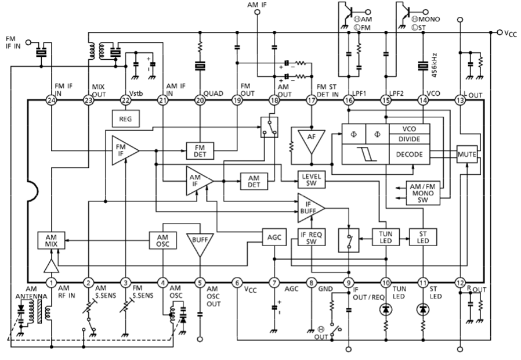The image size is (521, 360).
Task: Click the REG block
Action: [125, 118]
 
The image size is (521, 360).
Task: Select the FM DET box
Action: [200, 150]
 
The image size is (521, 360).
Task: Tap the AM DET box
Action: [254, 181]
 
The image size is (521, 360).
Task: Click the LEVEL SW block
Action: [312, 179]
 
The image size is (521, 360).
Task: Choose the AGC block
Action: [274, 237]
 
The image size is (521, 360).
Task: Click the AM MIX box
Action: [51, 240]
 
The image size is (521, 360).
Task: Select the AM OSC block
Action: [162, 240]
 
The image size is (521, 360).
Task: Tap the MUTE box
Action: [467, 154]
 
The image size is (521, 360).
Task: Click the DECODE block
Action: [410, 154]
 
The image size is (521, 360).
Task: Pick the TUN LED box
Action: [385, 237]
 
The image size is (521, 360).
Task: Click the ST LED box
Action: [422, 237]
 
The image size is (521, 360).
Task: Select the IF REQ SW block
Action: [312, 237]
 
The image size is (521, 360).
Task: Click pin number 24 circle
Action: [51, 100]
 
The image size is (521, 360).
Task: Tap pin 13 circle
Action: [460, 100]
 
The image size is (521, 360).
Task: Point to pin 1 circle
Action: [51, 283]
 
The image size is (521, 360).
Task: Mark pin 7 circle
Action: [274, 283]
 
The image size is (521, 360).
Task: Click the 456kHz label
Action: [434, 65]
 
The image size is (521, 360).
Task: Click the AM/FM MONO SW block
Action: [422, 193]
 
